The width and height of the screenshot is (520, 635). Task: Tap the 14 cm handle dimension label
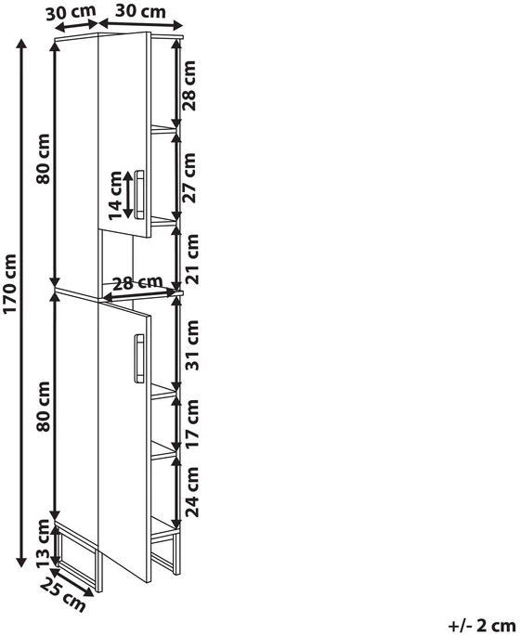tap(115, 195)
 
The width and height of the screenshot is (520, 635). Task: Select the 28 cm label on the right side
tap(188, 85)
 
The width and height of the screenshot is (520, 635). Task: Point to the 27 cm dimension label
tap(188, 177)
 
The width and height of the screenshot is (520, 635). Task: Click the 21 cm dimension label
tap(191, 259)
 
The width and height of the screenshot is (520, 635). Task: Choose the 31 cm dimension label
tap(191, 344)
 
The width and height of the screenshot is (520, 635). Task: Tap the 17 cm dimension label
tap(191, 422)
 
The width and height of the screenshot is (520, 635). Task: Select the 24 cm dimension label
tap(191, 492)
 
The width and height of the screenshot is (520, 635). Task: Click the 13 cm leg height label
tap(43, 543)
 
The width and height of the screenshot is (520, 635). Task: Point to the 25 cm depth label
tap(63, 595)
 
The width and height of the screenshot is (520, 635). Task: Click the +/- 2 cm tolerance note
tap(482, 626)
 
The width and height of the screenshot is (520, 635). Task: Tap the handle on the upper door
tap(139, 195)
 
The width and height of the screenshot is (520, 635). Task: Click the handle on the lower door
tap(139, 358)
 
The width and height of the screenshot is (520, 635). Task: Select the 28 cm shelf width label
tap(137, 283)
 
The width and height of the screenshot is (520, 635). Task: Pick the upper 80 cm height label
tap(43, 159)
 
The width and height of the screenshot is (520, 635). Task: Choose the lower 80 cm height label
tap(43, 407)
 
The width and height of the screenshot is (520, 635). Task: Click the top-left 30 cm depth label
tap(71, 12)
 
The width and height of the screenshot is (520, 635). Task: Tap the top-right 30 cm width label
tap(140, 11)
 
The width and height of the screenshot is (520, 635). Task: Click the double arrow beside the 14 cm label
tap(128, 195)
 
